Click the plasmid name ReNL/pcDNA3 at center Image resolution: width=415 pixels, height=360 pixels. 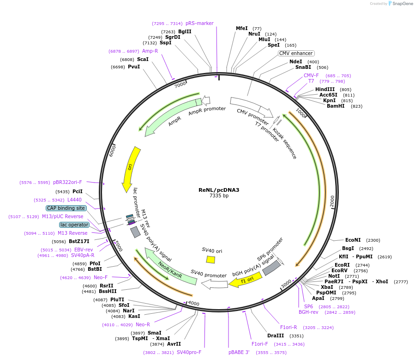pyautogui.click(x=219, y=189)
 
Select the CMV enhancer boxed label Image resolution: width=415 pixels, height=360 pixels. pyautogui.click(x=296, y=53)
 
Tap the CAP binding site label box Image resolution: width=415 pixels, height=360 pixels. pyautogui.click(x=66, y=208)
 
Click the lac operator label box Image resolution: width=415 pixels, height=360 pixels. pyautogui.click(x=74, y=225)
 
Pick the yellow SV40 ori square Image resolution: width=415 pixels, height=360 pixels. pyautogui.click(x=211, y=259)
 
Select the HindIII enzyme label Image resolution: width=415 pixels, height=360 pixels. pyautogui.click(x=325, y=89)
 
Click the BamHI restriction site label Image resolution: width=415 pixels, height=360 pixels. pyautogui.click(x=336, y=106)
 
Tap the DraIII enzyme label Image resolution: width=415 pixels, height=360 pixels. pyautogui.click(x=276, y=336)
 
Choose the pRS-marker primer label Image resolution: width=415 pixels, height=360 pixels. pyautogui.click(x=199, y=23)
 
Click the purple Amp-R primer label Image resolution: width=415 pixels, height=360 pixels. pyautogui.click(x=150, y=51)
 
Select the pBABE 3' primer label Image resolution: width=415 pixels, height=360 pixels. pyautogui.click(x=239, y=352)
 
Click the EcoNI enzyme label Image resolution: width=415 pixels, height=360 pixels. pyautogui.click(x=355, y=240)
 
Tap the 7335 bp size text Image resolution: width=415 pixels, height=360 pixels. pyautogui.click(x=219, y=195)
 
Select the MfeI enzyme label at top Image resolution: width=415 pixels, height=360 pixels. pyautogui.click(x=242, y=28)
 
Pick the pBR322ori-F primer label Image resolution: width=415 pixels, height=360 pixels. pyautogui.click(x=67, y=182)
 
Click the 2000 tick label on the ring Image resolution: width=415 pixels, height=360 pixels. pyautogui.click(x=331, y=201)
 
